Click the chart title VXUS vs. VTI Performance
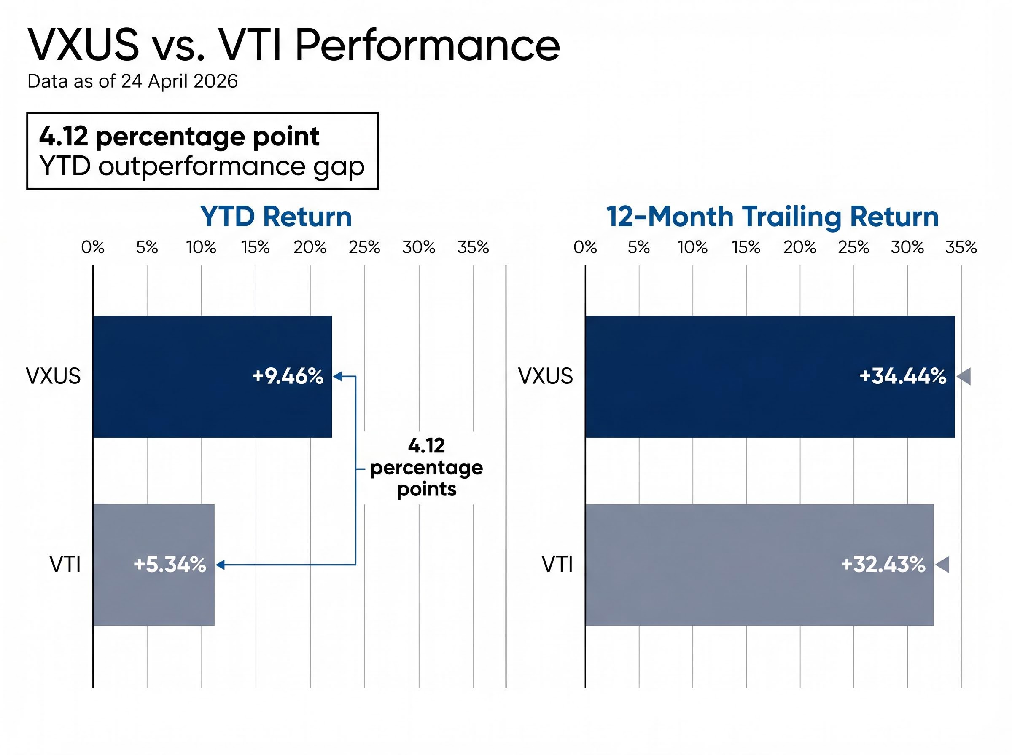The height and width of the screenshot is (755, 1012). [293, 45]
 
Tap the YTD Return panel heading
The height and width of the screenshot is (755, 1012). [276, 216]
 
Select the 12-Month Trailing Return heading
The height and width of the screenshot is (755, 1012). [772, 216]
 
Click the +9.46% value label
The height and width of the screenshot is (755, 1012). [288, 377]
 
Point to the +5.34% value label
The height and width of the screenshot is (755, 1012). [170, 565]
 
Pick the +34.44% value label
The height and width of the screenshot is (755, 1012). [902, 377]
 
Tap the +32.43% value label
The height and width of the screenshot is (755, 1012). [883, 565]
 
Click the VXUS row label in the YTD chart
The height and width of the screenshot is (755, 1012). [53, 377]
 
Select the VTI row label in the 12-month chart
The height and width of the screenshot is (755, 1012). [557, 565]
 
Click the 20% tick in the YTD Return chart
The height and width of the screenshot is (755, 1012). [310, 248]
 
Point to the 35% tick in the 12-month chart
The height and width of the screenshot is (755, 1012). [961, 248]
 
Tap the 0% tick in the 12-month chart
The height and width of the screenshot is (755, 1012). [585, 248]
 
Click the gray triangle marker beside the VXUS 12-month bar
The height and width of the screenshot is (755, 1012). [964, 377]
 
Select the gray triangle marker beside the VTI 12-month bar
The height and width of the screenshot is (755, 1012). [942, 565]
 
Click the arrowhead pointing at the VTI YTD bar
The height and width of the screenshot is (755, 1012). [221, 565]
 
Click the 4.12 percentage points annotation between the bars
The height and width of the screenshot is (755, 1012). [426, 468]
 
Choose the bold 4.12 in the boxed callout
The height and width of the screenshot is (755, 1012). [63, 136]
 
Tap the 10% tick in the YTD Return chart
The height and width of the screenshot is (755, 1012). [201, 248]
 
